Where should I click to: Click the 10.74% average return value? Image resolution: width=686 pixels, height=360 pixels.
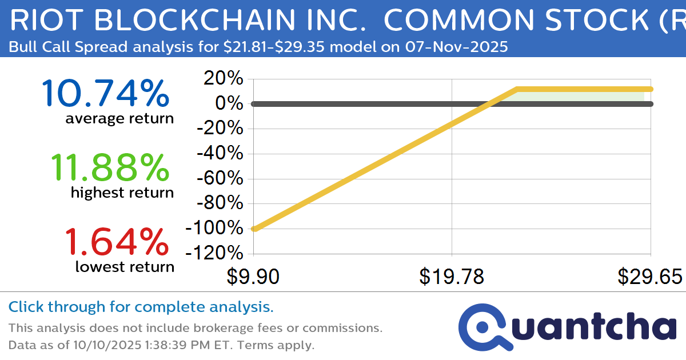pyautogui.click(x=105, y=93)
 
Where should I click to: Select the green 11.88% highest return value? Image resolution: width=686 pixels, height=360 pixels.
pyautogui.click(x=110, y=167)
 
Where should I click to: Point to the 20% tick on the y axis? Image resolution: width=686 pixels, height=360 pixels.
pyautogui.click(x=226, y=79)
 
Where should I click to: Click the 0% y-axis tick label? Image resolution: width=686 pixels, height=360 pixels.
pyautogui.click(x=231, y=104)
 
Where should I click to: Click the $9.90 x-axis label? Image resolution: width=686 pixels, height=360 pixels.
pyautogui.click(x=253, y=277)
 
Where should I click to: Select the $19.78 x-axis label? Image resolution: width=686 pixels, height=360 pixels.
pyautogui.click(x=452, y=277)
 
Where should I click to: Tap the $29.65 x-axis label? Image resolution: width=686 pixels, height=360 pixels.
pyautogui.click(x=649, y=277)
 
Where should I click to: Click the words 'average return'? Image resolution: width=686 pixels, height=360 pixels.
pyautogui.click(x=119, y=119)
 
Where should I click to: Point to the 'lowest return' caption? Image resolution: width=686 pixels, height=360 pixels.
pyautogui.click(x=125, y=266)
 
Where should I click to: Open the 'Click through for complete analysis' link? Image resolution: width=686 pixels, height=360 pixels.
pyautogui.click(x=141, y=307)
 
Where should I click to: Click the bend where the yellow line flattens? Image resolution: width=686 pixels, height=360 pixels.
pyautogui.click(x=516, y=89)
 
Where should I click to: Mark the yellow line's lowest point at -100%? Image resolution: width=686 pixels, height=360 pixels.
pyautogui.click(x=254, y=229)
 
